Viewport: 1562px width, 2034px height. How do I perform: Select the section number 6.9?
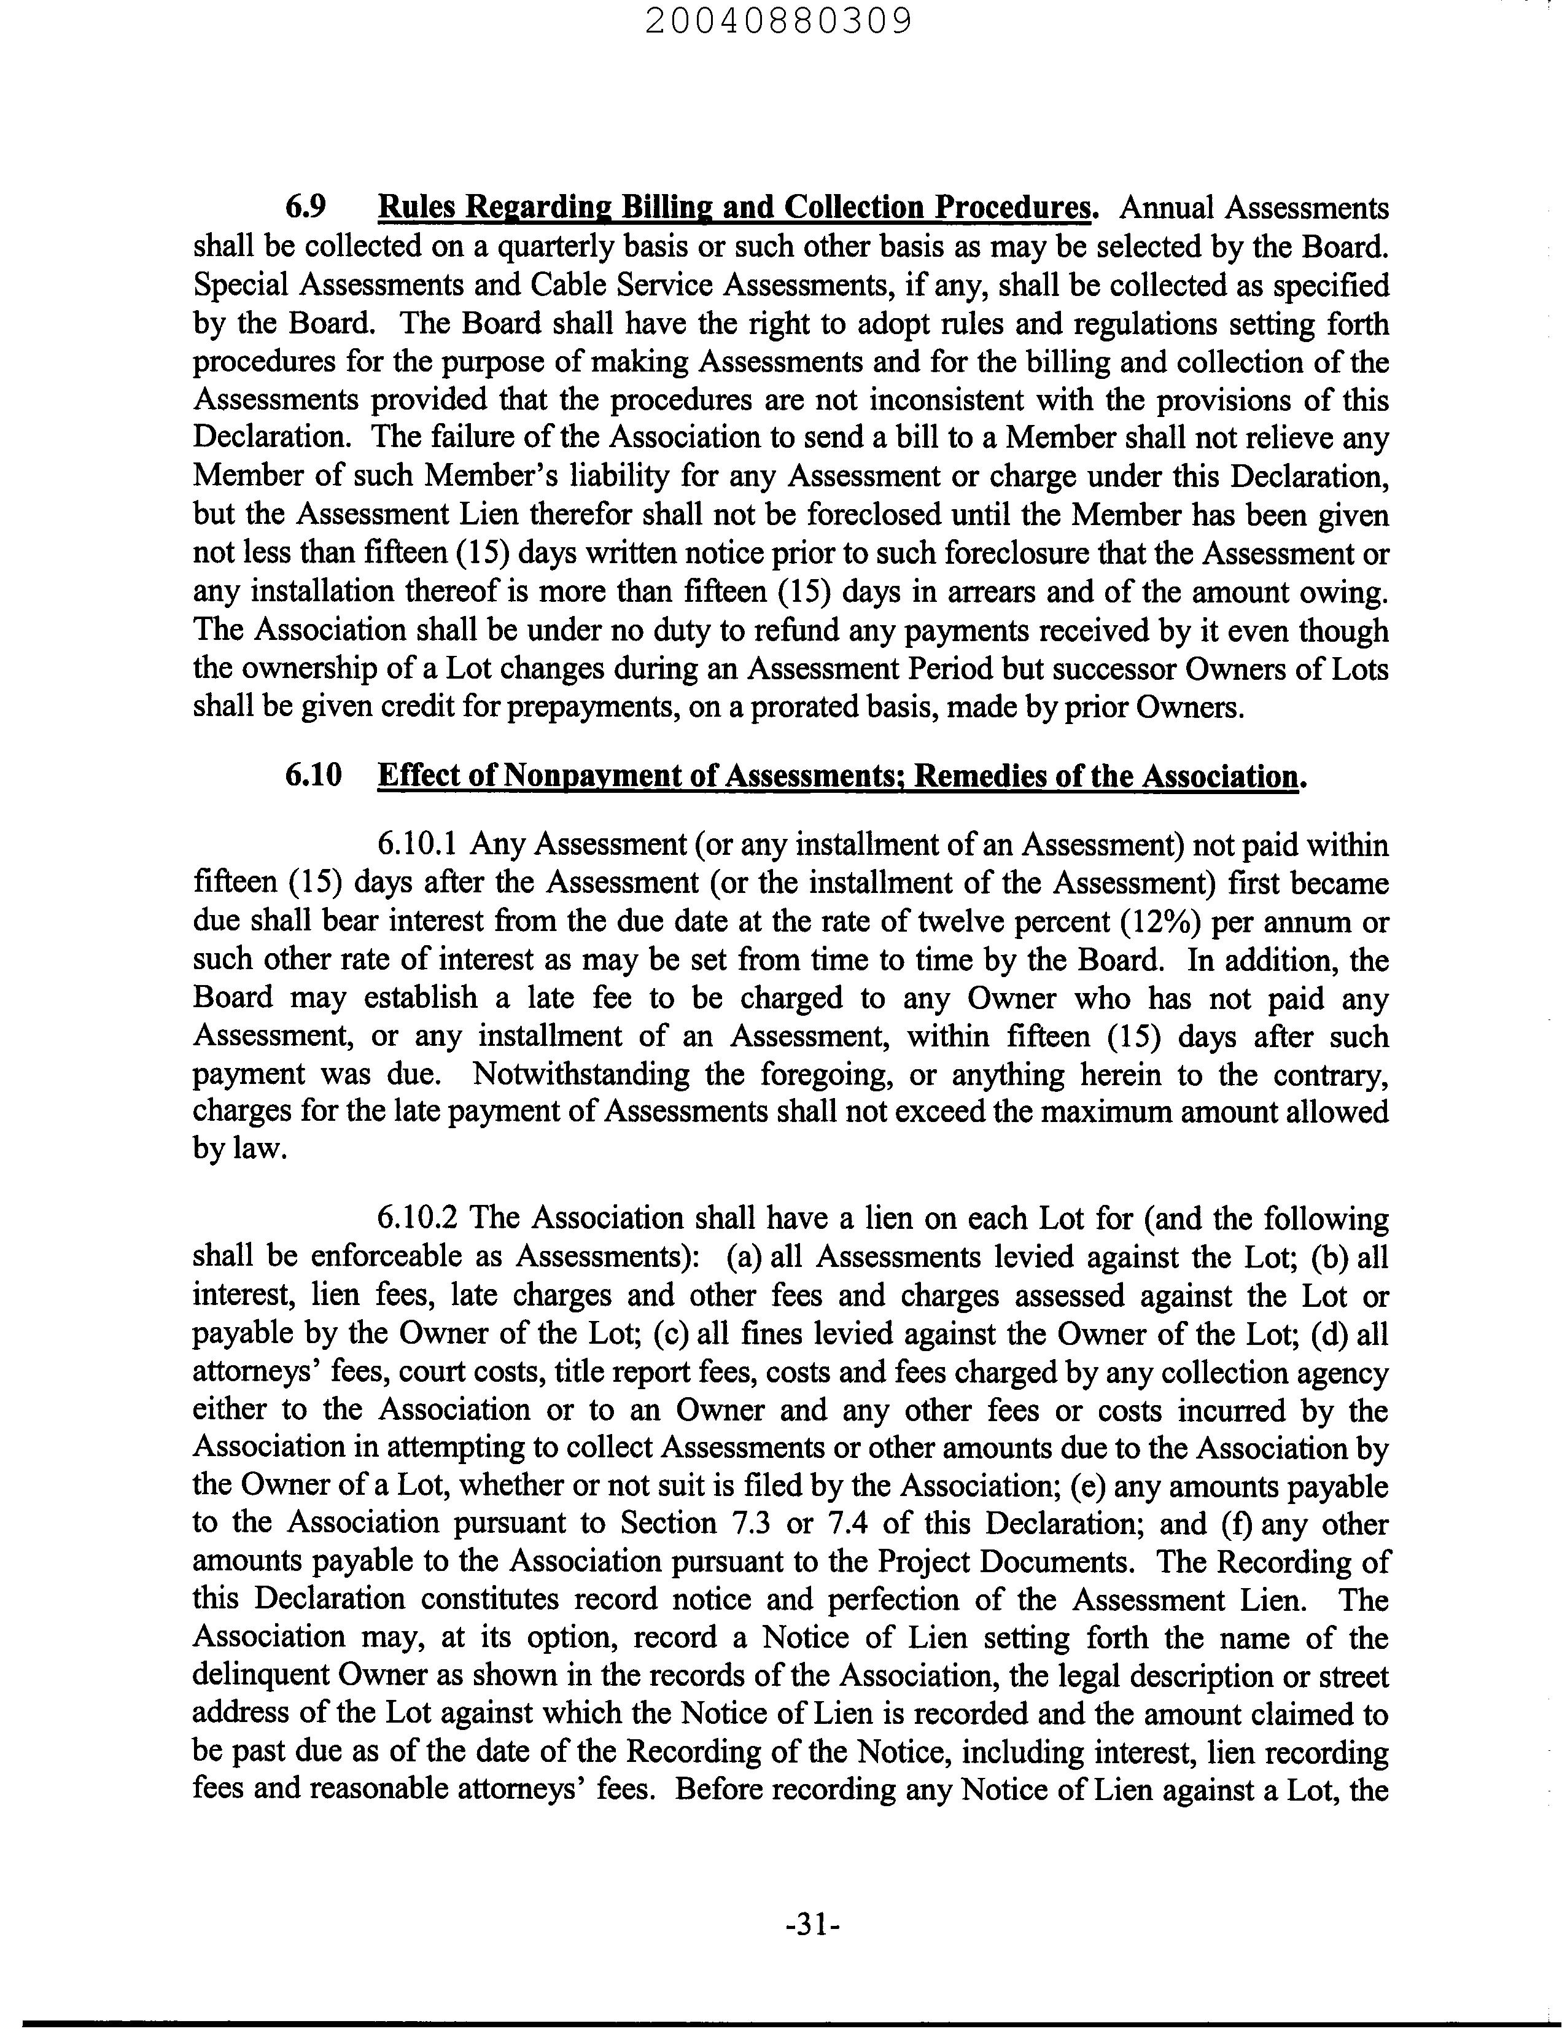tap(305, 206)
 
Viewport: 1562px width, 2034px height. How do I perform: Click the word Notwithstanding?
tap(581, 1073)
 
